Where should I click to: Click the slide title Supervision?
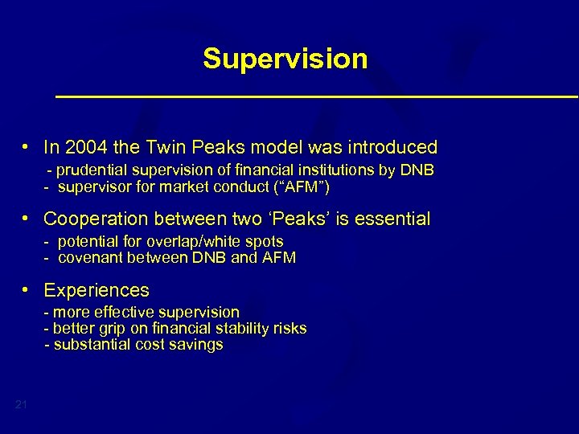[285, 59]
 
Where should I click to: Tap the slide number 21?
[21, 404]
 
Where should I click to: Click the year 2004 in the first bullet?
[84, 148]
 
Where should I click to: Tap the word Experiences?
[96, 289]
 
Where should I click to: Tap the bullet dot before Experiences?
[27, 289]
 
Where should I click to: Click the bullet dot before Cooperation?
[27, 219]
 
